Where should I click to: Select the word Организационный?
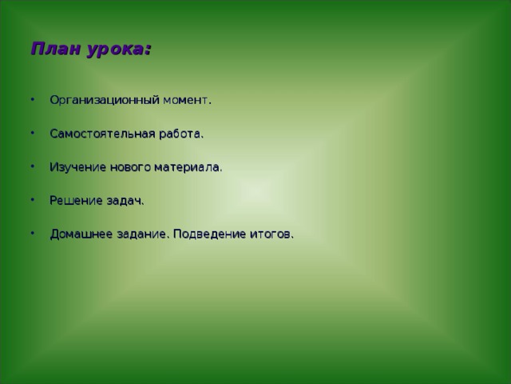pos(105,101)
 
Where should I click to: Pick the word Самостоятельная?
pos(101,134)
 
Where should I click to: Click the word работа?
pos(180,134)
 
